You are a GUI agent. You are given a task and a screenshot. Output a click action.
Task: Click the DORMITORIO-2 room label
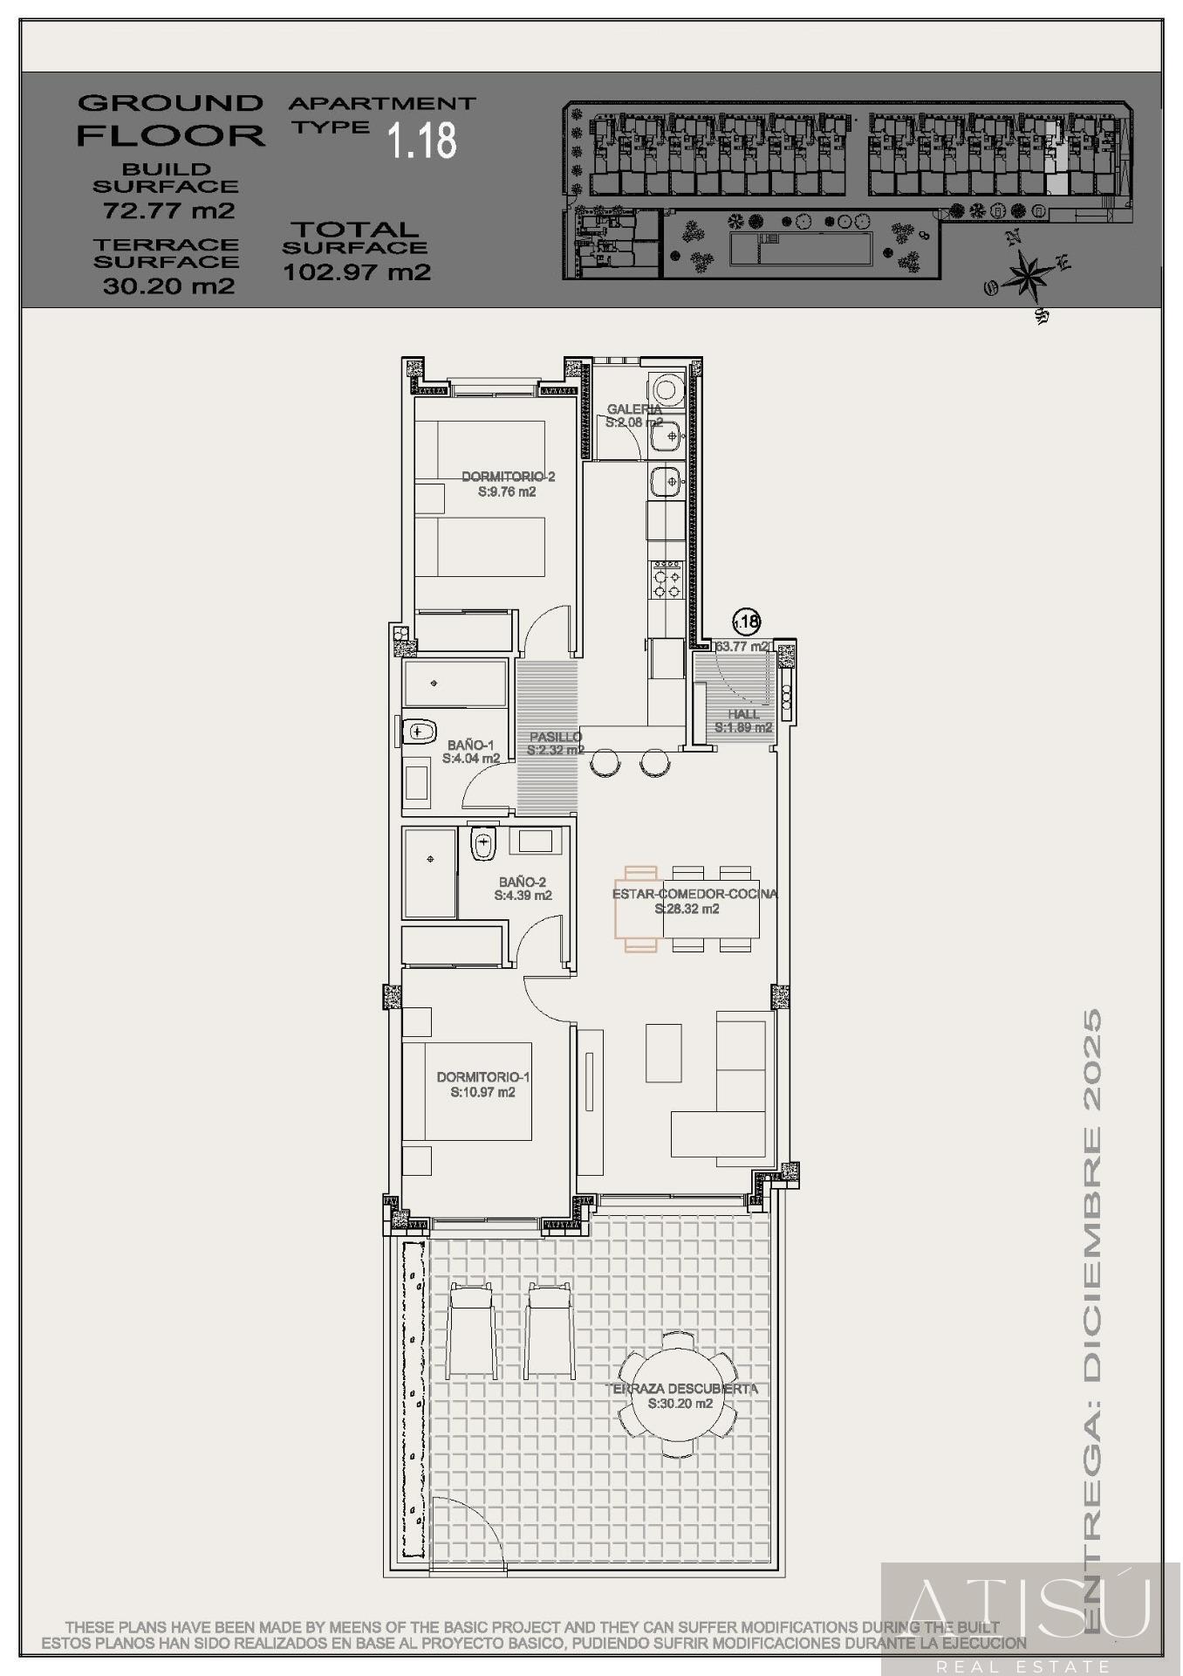[508, 477]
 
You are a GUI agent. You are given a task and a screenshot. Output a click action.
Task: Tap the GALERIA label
[633, 409]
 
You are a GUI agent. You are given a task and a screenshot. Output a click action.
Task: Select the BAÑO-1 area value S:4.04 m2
[471, 759]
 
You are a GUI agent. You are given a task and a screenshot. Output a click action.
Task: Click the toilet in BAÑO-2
[482, 844]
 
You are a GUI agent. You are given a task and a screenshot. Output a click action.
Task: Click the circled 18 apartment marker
[746, 622]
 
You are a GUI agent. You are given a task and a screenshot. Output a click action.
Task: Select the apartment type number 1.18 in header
[422, 140]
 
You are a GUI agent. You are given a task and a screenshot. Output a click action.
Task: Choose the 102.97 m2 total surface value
[357, 271]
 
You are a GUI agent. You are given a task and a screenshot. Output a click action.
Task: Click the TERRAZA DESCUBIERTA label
[684, 1389]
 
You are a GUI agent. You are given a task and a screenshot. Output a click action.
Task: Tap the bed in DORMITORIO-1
[477, 1090]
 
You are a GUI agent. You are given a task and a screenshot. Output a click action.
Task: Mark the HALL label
[743, 714]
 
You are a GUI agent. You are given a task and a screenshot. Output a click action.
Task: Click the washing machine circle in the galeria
[668, 388]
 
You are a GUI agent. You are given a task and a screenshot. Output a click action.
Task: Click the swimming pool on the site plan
[800, 250]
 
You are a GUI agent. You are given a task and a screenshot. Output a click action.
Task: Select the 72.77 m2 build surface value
[168, 210]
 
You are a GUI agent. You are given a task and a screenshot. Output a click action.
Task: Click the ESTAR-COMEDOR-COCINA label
[694, 894]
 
